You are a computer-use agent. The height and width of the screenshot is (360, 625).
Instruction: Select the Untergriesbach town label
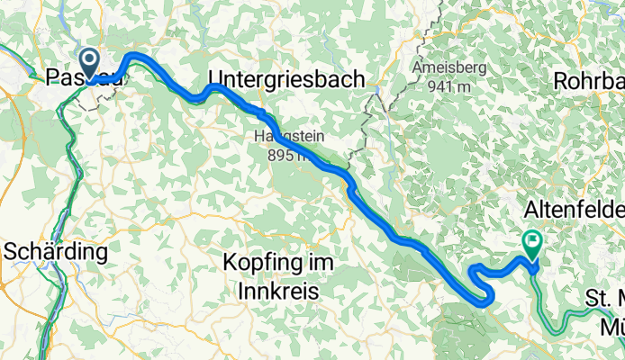(x=286, y=79)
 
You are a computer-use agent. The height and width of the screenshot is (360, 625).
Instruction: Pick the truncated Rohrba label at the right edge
(x=589, y=80)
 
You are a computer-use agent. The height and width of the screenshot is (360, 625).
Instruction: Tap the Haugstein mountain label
(x=285, y=138)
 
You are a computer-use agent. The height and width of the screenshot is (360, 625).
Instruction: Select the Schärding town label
(x=57, y=251)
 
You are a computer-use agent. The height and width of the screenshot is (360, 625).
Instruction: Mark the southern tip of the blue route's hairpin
(x=487, y=303)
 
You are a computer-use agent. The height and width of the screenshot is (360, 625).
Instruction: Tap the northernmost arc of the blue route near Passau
(x=137, y=56)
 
